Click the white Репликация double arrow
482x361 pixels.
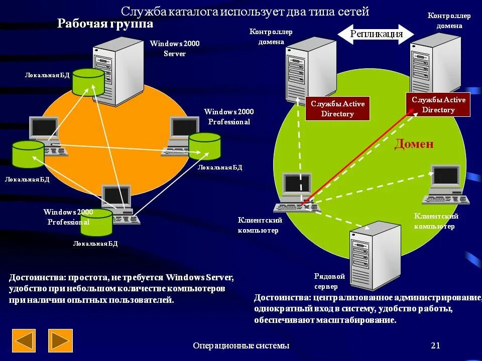tap(376, 34)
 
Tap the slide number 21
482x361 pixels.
tap(435, 345)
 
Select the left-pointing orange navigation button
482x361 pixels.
tap(24, 340)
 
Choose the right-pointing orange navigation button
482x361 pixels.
tap(60, 340)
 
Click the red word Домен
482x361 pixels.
tap(413, 144)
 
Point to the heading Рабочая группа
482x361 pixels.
tap(105, 24)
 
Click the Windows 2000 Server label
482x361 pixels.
tap(174, 49)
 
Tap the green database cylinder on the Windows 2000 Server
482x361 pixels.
tap(88, 82)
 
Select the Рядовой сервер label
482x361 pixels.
tap(329, 281)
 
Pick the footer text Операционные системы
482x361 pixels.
tap(241, 345)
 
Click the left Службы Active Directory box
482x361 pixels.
tap(337, 109)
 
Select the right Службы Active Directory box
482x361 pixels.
tap(438, 105)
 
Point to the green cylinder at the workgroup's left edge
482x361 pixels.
tap(28, 154)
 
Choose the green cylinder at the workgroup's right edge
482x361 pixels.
tap(204, 146)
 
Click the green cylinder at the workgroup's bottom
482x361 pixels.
tap(96, 222)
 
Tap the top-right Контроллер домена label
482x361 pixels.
tap(449, 21)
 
